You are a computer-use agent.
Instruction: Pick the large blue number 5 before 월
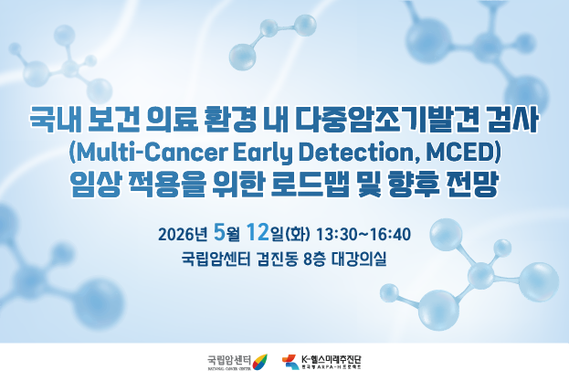click(218, 233)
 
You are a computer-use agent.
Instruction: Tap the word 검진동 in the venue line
click(270, 259)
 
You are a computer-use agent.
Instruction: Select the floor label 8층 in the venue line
click(315, 259)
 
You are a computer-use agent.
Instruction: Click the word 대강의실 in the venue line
click(362, 259)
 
